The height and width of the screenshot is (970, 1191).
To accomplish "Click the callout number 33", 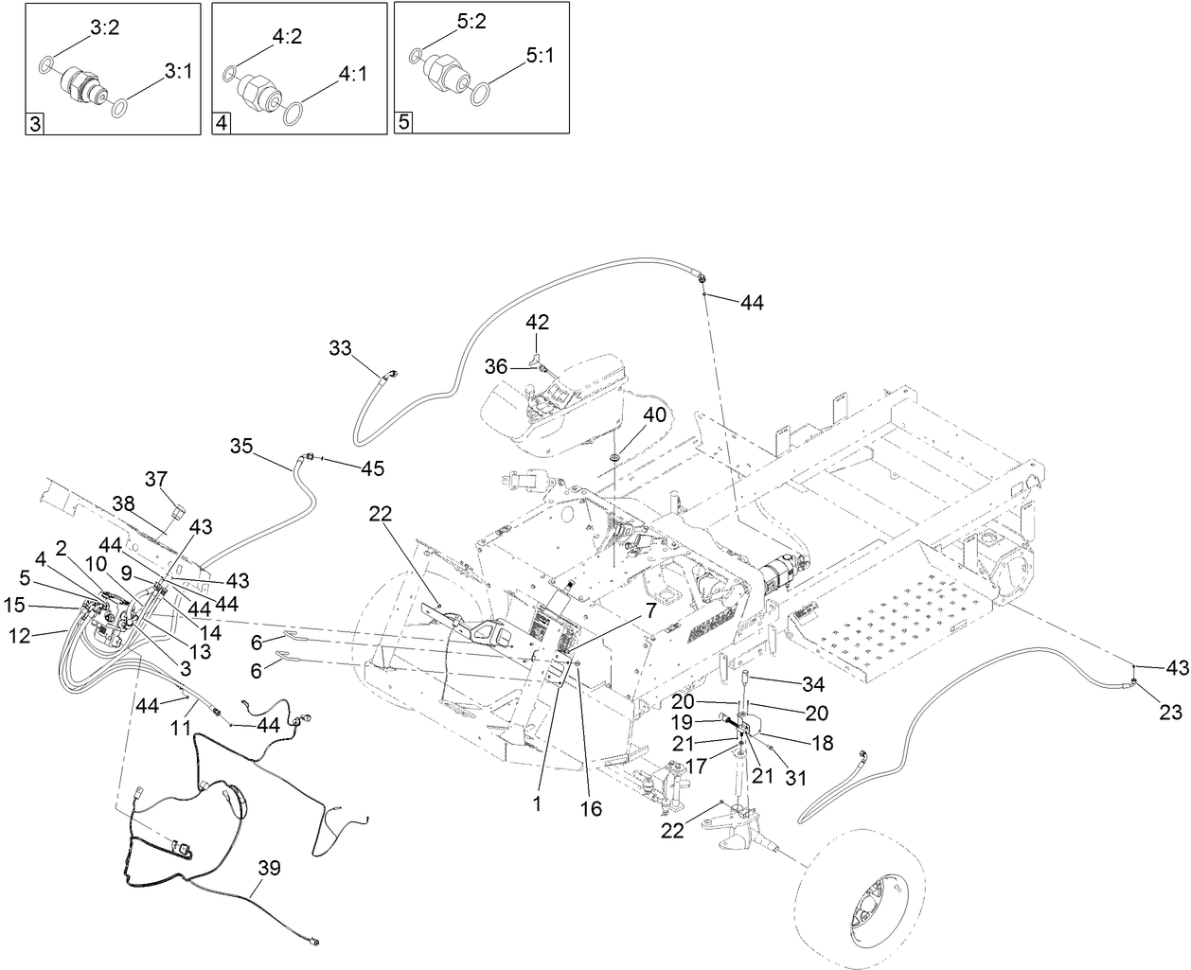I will point(340,347).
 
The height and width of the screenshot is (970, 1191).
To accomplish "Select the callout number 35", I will point(241,446).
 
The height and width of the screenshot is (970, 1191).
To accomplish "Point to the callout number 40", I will point(655,415).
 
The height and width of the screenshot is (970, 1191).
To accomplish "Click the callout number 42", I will point(537,322).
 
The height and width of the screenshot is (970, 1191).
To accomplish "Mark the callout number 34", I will point(813,684).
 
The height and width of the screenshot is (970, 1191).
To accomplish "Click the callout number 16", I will point(591,809).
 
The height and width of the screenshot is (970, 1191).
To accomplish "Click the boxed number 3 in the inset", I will point(35,124).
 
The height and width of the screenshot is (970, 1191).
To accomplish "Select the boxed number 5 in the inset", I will point(404,124).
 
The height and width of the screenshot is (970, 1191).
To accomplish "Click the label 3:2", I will point(104,29).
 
